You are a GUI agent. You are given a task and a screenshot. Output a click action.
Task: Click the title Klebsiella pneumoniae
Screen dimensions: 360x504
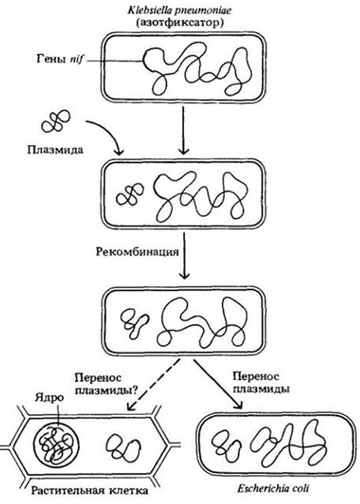[179, 10]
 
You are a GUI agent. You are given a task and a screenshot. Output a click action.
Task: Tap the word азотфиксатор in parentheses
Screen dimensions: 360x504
[179, 23]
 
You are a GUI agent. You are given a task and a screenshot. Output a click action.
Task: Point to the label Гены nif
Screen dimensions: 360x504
[59, 59]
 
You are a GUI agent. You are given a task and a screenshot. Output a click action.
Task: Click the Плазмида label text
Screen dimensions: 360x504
[55, 150]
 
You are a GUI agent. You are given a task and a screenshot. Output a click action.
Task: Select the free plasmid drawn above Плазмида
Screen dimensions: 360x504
[55, 121]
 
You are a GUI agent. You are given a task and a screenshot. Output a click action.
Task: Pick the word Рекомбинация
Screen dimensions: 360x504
[137, 251]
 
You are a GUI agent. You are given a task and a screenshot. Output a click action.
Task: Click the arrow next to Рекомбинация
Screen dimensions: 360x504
[184, 255]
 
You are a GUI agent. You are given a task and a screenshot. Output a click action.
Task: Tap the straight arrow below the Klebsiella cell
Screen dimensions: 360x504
[183, 130]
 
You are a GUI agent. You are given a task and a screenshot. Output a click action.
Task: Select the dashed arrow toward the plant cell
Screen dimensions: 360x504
[154, 384]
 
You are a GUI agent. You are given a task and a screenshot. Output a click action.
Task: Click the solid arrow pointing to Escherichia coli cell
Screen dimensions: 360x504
[217, 384]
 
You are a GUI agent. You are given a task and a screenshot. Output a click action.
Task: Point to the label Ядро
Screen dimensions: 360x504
[49, 398]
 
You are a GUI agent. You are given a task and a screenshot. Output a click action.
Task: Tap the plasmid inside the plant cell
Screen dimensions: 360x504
[124, 446]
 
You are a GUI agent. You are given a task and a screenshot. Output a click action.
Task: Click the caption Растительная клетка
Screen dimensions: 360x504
[90, 491]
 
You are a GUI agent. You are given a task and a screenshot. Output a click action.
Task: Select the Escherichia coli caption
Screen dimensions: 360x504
[273, 489]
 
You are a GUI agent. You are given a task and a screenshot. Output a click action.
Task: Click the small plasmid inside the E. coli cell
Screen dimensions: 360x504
[226, 445]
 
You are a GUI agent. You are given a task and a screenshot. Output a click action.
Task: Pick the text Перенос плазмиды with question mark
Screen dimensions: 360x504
[106, 383]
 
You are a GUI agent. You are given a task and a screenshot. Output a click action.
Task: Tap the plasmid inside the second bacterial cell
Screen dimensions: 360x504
[130, 195]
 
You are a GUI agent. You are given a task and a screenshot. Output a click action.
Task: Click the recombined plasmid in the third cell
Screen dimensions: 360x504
[135, 323]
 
